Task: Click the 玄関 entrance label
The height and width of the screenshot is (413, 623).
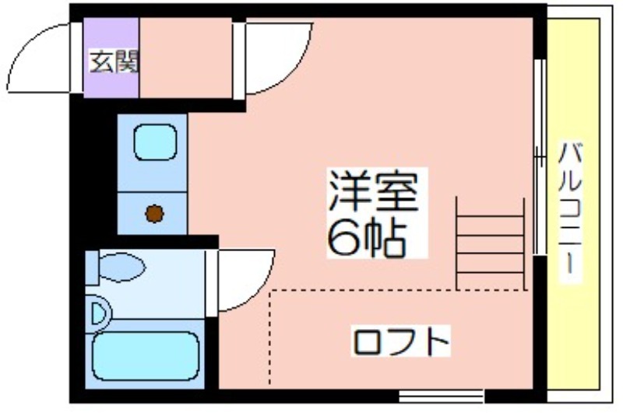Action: tap(114, 61)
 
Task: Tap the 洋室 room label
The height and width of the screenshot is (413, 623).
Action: tap(374, 191)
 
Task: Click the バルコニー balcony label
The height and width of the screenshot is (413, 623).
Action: tap(571, 212)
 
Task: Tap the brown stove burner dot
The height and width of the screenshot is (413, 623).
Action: tap(154, 214)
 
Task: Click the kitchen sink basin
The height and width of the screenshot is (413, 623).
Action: tap(155, 142)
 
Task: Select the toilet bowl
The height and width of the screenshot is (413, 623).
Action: tap(121, 268)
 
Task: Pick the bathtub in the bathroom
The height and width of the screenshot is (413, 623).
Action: tap(146, 356)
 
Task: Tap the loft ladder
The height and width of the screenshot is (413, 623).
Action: tap(491, 243)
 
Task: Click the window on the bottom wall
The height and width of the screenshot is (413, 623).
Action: tap(441, 396)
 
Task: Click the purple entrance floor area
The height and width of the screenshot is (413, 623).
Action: tap(111, 58)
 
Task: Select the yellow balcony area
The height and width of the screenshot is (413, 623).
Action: tap(573, 205)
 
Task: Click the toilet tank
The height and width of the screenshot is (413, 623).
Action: tap(92, 268)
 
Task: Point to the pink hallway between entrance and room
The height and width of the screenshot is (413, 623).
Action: tap(185, 58)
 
